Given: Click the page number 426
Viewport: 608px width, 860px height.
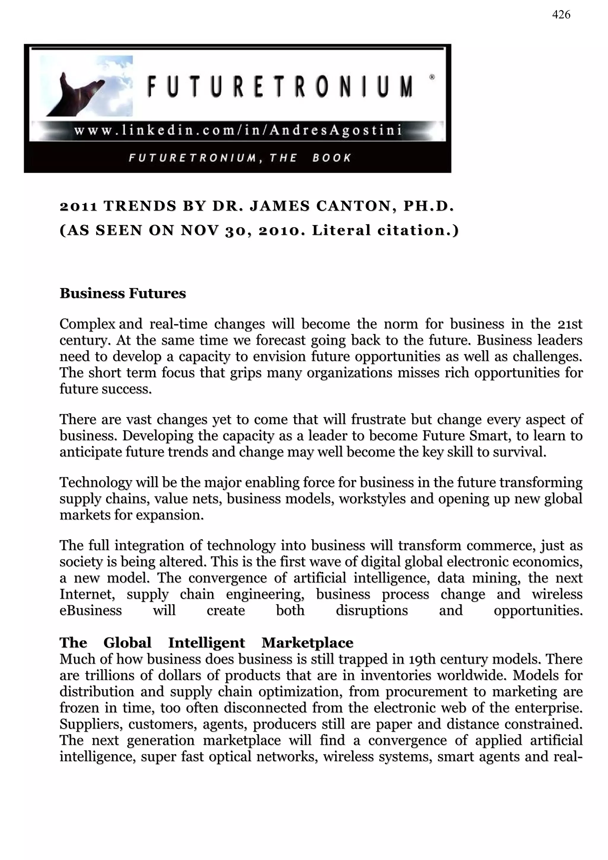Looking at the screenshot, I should click(561, 15).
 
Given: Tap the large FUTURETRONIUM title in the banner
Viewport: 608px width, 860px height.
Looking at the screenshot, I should click(280, 86).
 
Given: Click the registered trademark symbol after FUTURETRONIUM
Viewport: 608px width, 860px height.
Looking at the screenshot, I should click(432, 77).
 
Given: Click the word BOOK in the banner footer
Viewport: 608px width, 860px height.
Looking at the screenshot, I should click(332, 158).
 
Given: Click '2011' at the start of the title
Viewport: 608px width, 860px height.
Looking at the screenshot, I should click(79, 206).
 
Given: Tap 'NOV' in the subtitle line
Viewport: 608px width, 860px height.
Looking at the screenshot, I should click(199, 230).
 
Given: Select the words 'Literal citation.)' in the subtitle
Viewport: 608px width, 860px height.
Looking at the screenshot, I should click(385, 230).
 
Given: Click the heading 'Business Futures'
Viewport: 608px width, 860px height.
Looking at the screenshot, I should click(123, 293).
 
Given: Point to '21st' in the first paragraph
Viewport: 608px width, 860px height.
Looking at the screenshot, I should click(569, 324).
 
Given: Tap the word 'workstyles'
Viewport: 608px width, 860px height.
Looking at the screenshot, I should click(372, 499).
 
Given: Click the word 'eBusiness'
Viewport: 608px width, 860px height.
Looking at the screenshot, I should click(91, 610).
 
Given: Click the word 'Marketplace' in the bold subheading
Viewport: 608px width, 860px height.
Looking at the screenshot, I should click(307, 643).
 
